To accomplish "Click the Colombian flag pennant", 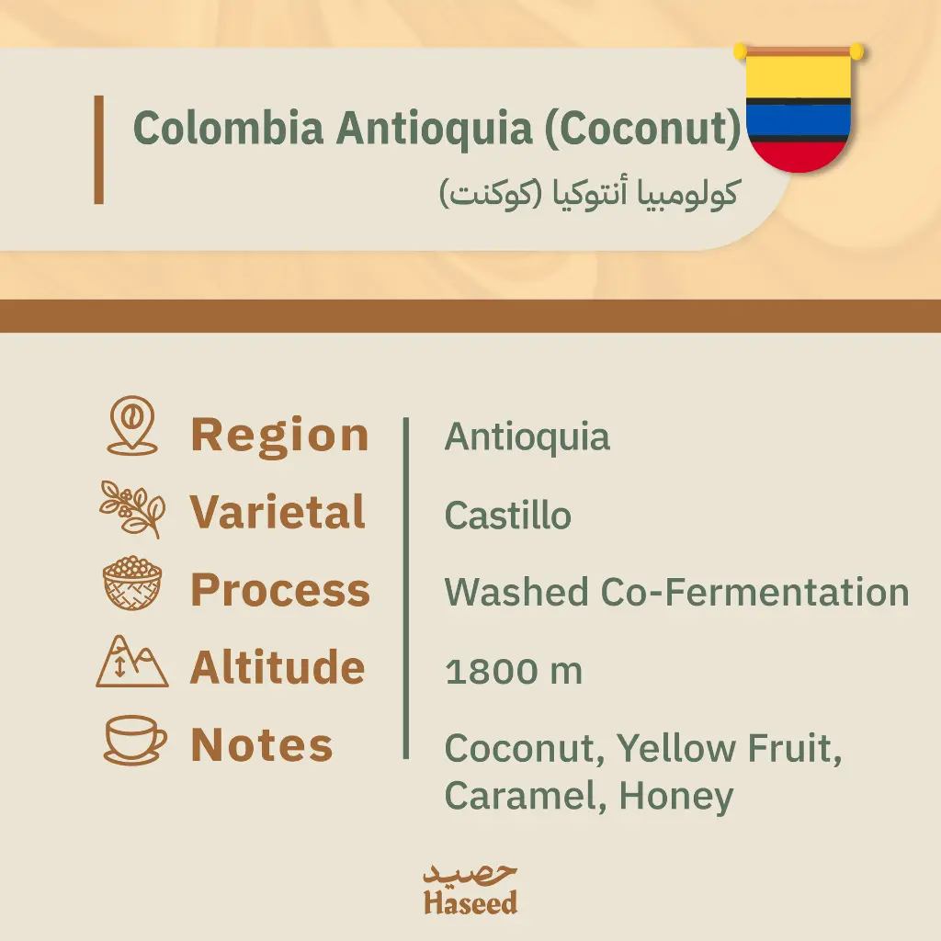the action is (x=799, y=108).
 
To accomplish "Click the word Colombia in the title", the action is (x=229, y=128).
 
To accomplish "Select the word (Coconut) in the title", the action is (x=643, y=129).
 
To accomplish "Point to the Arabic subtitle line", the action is (x=589, y=193).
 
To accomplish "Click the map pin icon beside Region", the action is (x=132, y=425).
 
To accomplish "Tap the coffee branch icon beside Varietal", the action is (x=132, y=509).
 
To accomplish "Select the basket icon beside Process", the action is (x=132, y=583).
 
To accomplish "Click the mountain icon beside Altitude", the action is (x=132, y=662).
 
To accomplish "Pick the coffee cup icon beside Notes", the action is (x=135, y=740).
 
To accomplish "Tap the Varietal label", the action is (x=278, y=512).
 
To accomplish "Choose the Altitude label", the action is (x=278, y=667).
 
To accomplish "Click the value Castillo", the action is (x=507, y=516).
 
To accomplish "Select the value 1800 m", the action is (x=514, y=671).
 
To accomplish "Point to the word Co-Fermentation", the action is (x=755, y=593).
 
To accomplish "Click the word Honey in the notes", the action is (x=676, y=797).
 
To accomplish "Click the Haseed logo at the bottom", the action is (x=470, y=890).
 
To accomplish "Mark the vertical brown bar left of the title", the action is (x=99, y=150).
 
